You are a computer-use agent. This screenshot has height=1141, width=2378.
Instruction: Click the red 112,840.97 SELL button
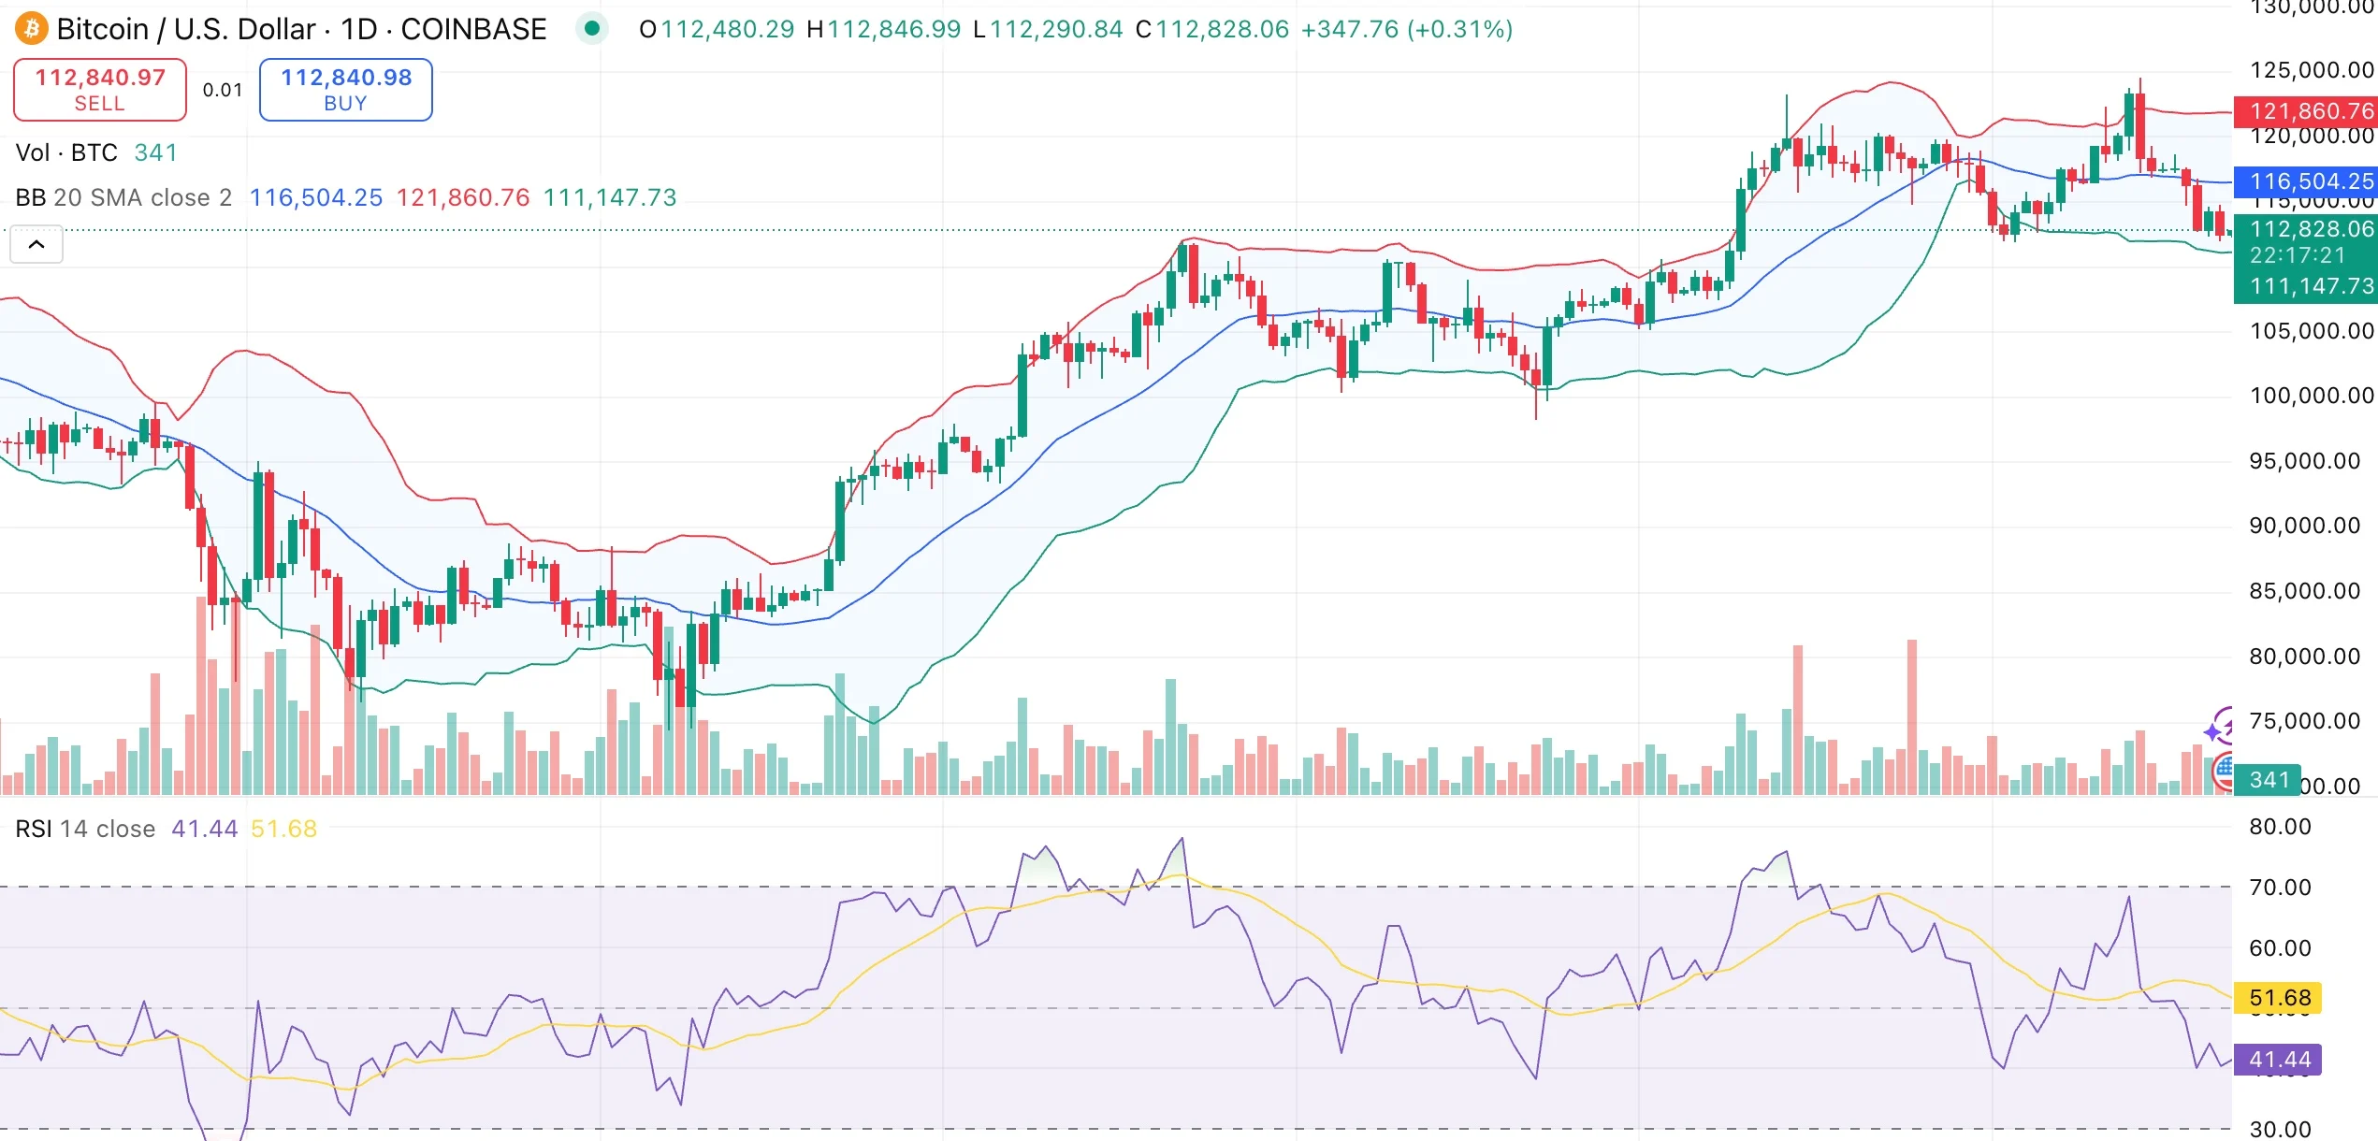coord(100,90)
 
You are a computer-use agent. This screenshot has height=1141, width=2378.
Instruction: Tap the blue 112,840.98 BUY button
coord(345,90)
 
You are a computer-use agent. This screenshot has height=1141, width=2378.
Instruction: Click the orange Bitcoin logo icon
coord(31,29)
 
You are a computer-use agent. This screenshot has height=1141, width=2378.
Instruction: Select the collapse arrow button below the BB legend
coord(36,245)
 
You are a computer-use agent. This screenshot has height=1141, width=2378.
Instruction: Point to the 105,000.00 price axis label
coord(2311,331)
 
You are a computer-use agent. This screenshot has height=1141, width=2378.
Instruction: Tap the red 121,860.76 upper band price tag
coord(2304,111)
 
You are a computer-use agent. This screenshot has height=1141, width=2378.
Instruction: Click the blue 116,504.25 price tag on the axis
coord(2304,181)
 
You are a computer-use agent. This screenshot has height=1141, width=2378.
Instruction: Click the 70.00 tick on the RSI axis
coord(2280,888)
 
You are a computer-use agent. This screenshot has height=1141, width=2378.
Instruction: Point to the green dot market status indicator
coord(591,29)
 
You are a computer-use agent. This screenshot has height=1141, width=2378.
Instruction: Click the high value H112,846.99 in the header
coord(883,29)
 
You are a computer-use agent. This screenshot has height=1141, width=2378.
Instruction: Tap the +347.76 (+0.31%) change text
coord(1406,29)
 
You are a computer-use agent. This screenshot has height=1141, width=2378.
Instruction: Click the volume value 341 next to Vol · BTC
coord(155,152)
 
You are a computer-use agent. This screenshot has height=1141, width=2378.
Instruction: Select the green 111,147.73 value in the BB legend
coord(609,197)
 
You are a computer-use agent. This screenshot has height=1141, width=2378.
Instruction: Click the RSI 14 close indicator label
coord(85,829)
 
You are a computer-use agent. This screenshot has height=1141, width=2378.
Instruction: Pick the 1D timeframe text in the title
coord(358,29)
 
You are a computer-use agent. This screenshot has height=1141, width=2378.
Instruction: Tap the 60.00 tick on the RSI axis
coord(2280,948)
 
